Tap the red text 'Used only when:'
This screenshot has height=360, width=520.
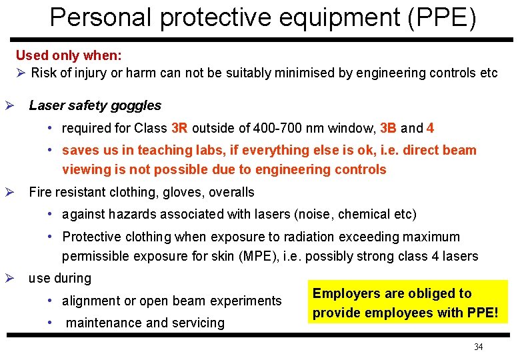[x=69, y=55]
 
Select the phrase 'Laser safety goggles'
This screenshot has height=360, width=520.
[x=95, y=105]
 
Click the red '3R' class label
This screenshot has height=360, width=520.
[x=180, y=128]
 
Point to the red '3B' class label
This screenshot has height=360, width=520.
[x=389, y=128]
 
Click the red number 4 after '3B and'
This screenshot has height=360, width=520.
[x=431, y=128]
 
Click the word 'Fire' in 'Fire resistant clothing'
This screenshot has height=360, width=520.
[x=40, y=193]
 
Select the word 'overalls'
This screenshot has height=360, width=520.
[x=232, y=193]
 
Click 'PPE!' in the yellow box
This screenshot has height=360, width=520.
[x=481, y=312]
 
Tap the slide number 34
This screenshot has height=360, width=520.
[x=478, y=347]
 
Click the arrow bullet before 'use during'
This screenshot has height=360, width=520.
[x=9, y=278]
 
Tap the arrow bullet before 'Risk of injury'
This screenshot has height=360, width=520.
[x=21, y=73]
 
